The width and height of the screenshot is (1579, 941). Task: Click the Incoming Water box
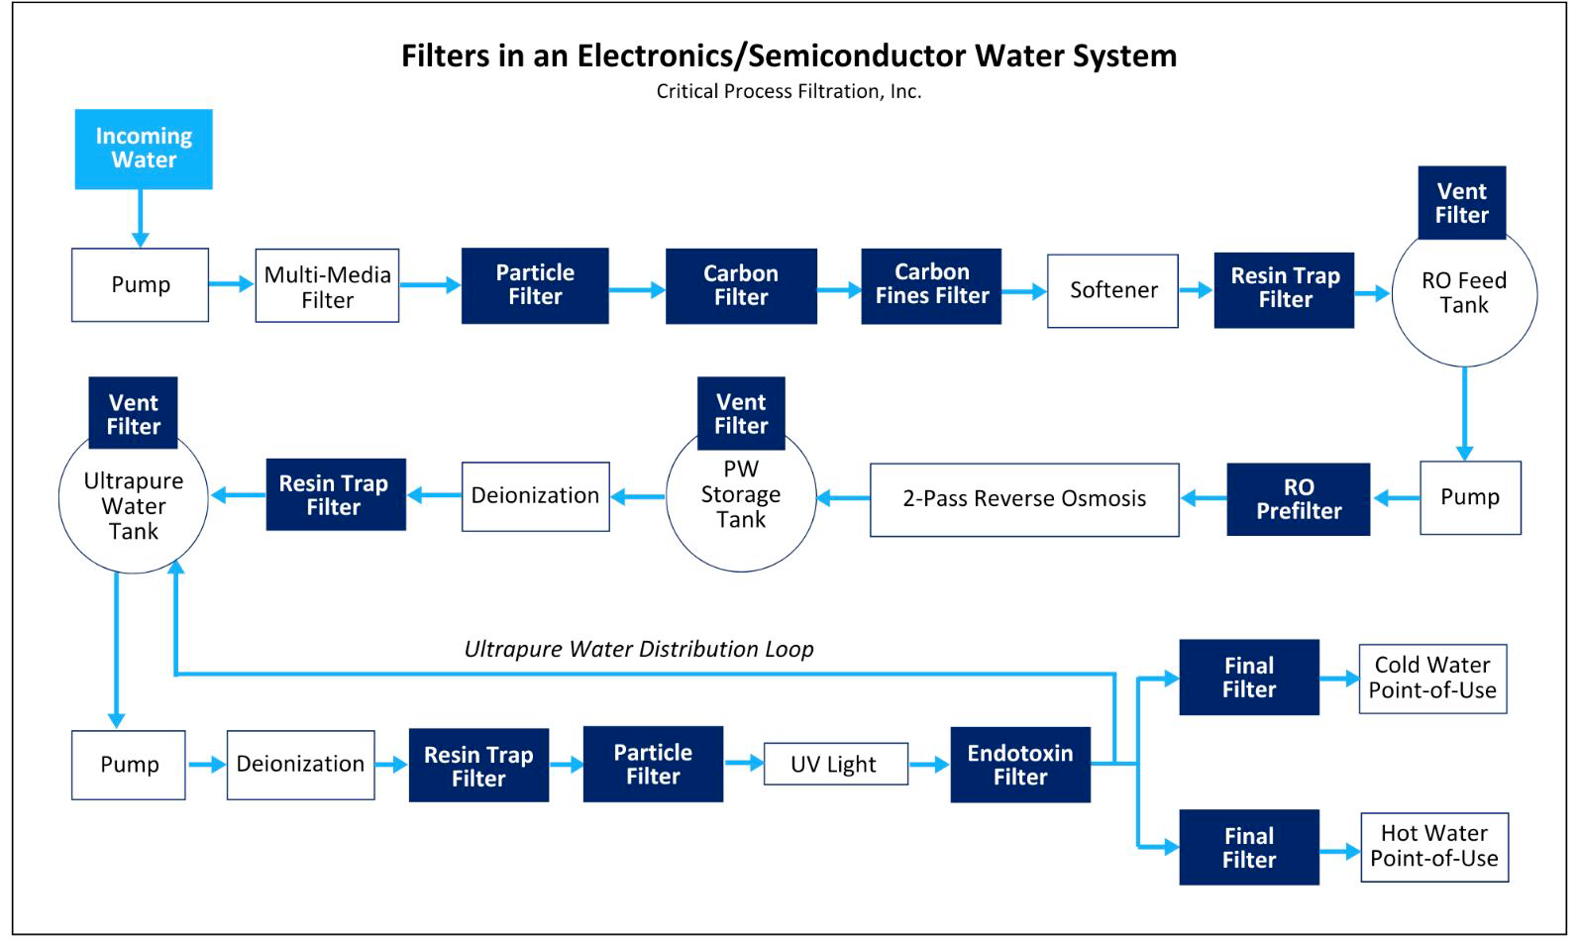(144, 149)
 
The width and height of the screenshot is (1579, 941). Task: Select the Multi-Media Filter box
(327, 285)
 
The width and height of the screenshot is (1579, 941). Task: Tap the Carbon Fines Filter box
(931, 285)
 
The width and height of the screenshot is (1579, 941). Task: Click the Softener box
(1112, 291)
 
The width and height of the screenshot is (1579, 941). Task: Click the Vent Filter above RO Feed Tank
(1462, 203)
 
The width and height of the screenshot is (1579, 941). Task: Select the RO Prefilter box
(1299, 499)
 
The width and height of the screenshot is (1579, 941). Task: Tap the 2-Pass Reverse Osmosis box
(1024, 500)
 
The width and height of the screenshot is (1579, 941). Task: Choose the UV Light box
(836, 764)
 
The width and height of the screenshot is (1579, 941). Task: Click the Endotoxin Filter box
(1020, 765)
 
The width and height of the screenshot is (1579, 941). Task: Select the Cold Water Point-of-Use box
(1433, 679)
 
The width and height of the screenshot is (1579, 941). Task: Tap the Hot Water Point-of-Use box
(1434, 847)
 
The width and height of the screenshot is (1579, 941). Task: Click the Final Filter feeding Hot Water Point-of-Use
(1249, 847)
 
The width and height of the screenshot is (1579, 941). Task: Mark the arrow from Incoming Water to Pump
(141, 219)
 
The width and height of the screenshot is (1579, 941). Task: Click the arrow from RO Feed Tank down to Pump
(1465, 414)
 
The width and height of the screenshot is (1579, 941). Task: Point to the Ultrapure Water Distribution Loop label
(639, 649)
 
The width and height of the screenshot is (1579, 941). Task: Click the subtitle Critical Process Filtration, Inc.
(789, 92)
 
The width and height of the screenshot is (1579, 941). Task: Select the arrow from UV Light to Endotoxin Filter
(929, 764)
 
